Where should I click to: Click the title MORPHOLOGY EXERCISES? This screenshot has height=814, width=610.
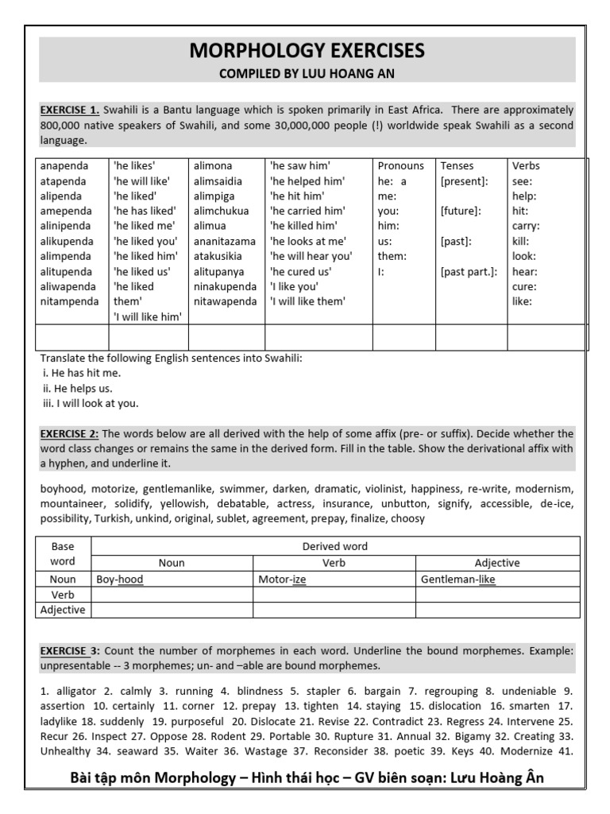(x=306, y=51)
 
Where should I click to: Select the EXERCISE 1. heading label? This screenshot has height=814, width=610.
(x=70, y=110)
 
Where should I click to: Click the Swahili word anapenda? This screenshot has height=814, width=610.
(x=65, y=166)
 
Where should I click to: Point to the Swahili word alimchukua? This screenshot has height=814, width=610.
(x=222, y=211)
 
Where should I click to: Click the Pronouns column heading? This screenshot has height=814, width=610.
(x=401, y=166)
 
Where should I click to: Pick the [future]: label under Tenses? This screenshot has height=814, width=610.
(x=461, y=211)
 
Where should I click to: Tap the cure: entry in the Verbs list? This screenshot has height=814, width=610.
(x=524, y=286)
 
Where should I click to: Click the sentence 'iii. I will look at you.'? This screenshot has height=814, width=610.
(x=91, y=403)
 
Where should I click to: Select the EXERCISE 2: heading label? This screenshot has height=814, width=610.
(x=70, y=433)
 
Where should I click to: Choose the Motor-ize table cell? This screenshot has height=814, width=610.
(x=283, y=579)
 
